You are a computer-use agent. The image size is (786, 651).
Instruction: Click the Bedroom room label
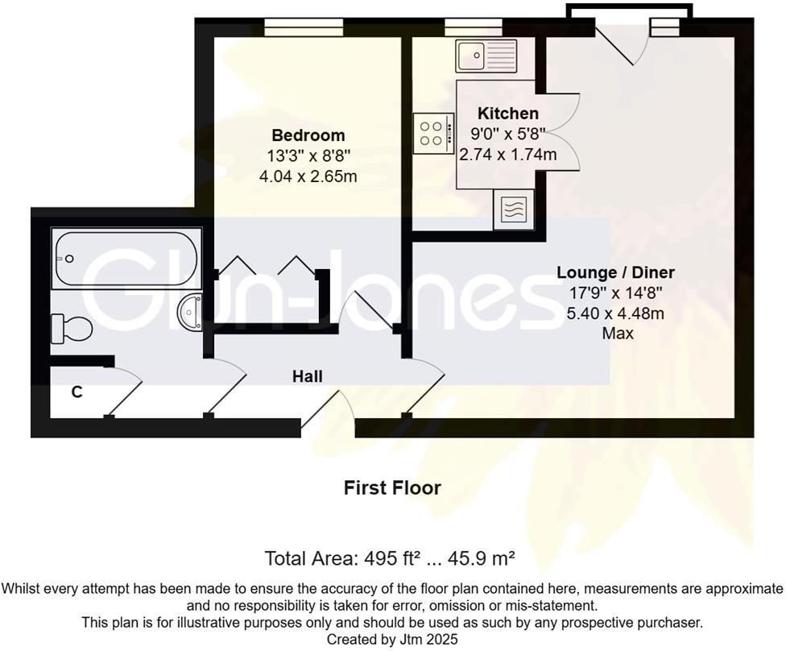click(308, 135)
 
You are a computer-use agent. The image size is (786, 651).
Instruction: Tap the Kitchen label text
click(507, 113)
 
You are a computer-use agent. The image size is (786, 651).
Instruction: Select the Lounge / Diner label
click(616, 272)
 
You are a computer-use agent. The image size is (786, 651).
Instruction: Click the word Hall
click(307, 376)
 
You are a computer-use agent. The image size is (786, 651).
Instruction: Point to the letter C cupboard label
click(77, 392)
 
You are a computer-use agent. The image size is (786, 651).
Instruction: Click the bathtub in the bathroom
click(126, 259)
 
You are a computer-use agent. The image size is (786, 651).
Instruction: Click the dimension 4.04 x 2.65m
click(308, 176)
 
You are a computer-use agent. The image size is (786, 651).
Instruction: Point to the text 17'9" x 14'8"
click(616, 293)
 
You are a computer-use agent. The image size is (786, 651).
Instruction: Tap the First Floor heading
click(392, 487)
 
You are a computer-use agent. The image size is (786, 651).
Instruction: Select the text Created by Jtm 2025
click(392, 639)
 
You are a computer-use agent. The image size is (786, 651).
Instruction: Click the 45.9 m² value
click(483, 558)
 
